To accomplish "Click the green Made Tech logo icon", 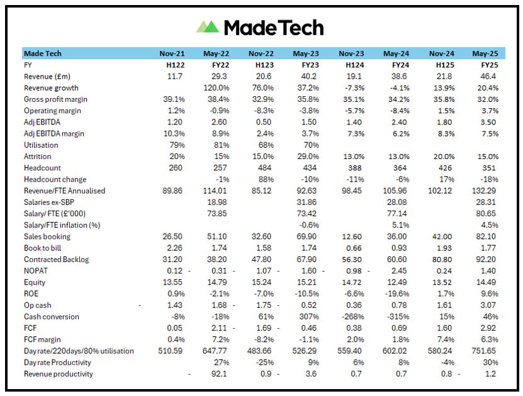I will pos(207,26).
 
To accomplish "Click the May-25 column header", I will pos(485,53).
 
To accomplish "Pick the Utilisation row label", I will pos(41,145).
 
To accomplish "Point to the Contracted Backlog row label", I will pos(56,260).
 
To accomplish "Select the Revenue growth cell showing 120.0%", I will pos(215,88).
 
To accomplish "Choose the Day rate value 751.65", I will pos(485,351).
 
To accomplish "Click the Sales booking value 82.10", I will pos(486,236).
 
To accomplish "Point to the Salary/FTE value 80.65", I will pos(486,214).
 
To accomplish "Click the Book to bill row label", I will pos(47,248).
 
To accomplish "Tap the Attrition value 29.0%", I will pos(307,157).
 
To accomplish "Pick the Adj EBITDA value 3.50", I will pos(488,122).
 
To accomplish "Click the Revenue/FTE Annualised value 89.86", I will pos(169,191).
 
